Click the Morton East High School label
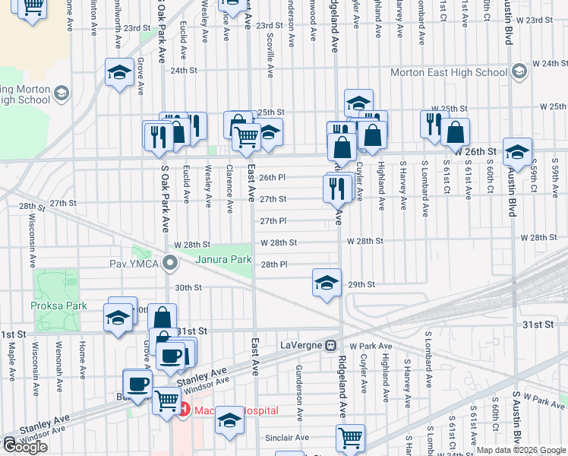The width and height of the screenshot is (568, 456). tap(448, 72)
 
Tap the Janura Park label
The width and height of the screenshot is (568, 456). tap(223, 259)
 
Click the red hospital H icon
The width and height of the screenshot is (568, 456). tap(184, 410)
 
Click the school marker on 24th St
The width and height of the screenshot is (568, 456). tap(119, 73)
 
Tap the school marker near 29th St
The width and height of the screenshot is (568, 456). tap(326, 284)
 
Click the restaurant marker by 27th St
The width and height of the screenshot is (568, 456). tap(336, 187)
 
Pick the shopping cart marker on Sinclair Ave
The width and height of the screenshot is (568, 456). tap(350, 437)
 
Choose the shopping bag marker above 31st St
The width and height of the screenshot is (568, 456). tap(163, 318)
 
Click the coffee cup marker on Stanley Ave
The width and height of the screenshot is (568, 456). tap(137, 383)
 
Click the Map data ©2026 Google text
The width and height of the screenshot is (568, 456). tap(521, 450)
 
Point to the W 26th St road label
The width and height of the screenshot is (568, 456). tap(476, 152)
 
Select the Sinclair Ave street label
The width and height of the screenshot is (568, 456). tap(287, 438)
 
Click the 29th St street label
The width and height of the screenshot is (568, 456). tap(361, 284)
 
